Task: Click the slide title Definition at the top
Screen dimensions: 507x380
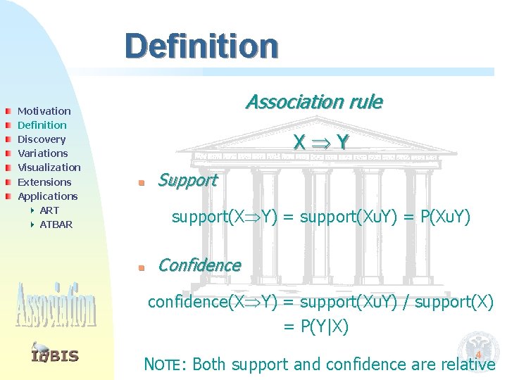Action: coord(201,46)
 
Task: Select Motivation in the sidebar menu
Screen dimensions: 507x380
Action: coord(44,111)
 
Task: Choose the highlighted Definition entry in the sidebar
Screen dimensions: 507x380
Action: coord(42,125)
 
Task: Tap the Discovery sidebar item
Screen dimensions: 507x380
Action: coord(41,139)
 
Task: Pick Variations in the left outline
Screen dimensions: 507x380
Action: coord(42,153)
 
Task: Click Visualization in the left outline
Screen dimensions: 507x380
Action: coord(49,167)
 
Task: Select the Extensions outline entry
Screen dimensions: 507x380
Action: coord(44,182)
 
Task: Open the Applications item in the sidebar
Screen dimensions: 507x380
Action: coord(47,196)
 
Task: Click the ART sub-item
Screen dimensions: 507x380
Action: coord(49,210)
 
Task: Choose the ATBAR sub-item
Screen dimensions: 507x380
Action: coord(56,224)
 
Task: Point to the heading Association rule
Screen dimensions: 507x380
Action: coord(313,103)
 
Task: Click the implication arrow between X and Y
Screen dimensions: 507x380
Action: coord(321,143)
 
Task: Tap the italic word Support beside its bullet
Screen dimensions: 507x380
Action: coord(187,180)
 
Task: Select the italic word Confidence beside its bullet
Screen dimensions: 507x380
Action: coord(199,265)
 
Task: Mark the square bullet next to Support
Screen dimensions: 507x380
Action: coord(141,183)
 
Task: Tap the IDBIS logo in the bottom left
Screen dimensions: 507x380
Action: coord(55,354)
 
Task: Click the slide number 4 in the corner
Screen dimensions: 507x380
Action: coord(477,355)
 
